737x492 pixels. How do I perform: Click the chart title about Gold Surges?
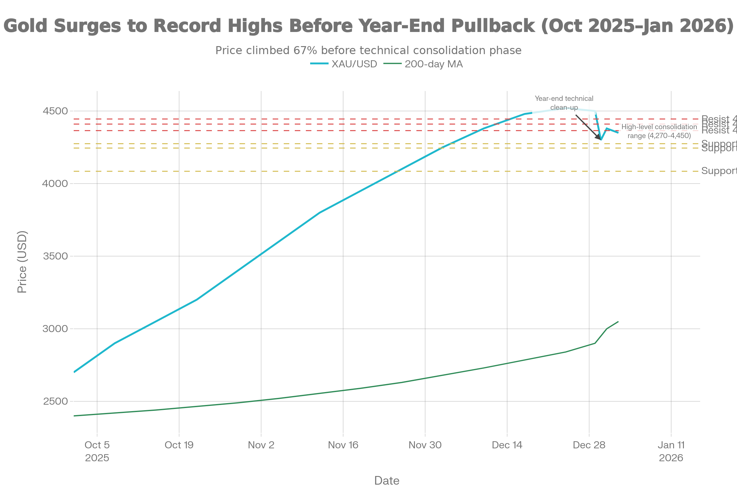368,26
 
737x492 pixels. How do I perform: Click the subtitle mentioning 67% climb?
368,50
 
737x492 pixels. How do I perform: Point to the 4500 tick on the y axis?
56,111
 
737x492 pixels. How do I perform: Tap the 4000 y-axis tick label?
56,184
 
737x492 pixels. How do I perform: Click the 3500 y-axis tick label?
56,256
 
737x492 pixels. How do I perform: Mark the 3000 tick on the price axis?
56,329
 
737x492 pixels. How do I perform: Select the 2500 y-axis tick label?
56,401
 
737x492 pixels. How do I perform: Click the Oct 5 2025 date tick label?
97,451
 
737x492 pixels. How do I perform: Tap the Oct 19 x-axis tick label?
179,445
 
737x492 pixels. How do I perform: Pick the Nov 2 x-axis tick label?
261,445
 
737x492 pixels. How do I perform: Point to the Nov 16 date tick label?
343,445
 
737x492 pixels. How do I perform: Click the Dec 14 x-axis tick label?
507,445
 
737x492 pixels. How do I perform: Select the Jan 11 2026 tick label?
671,451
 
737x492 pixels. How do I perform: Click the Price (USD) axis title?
22,262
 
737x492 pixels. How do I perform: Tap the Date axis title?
387,481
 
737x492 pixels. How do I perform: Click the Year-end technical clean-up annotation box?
564,103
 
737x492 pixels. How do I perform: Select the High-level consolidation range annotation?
659,131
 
